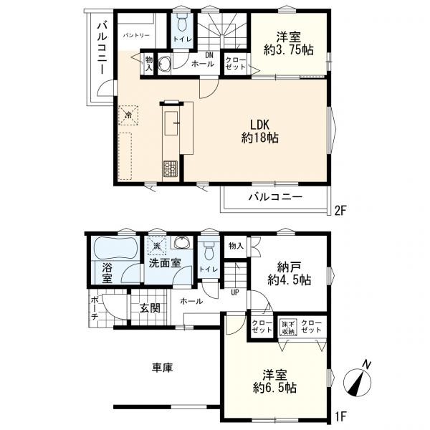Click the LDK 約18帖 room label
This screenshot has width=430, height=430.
259,131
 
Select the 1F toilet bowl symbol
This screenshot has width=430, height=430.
209,251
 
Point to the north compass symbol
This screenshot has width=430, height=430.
358,380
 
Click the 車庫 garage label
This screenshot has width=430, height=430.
163,368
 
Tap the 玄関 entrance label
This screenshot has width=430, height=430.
150,308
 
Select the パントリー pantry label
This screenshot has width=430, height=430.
136,35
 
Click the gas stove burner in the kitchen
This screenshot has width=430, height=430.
171,168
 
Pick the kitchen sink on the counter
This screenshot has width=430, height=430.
172,123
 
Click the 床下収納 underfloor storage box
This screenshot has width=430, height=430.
287,328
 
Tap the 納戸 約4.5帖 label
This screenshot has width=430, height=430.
289,273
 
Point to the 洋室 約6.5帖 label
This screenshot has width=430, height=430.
274,381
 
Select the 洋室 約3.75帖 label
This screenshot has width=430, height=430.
289,43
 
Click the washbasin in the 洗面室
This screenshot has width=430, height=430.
181,242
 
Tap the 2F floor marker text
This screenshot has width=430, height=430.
340,210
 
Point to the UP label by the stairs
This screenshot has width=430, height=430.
235,292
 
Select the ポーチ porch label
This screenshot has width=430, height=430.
94,308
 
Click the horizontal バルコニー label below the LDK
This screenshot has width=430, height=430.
275,197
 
